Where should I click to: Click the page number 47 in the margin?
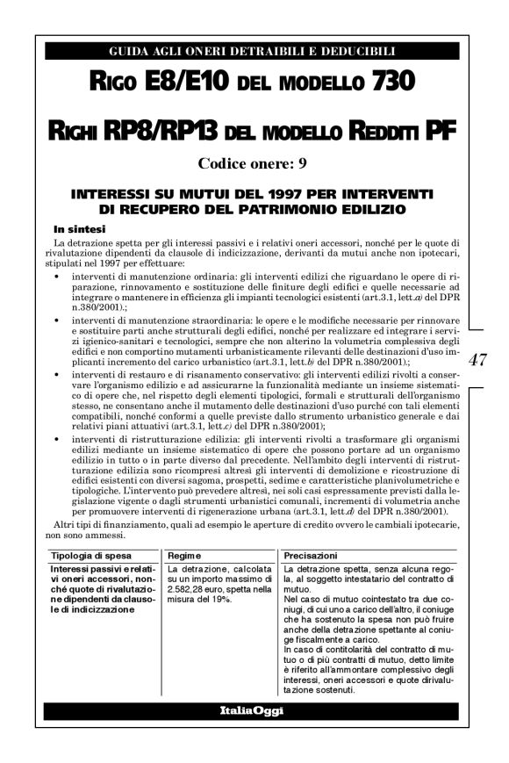click(x=479, y=361)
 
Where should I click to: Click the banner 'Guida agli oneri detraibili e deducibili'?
click(x=253, y=51)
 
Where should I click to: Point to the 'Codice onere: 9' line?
click(x=252, y=162)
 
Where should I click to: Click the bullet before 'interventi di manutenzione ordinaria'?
click(x=57, y=276)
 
